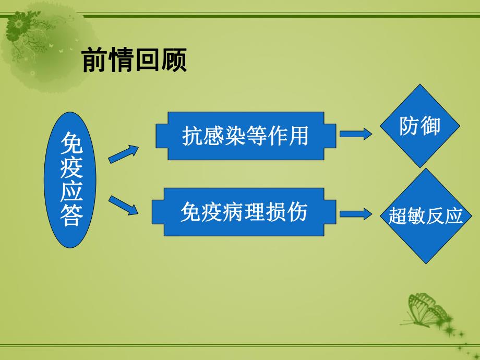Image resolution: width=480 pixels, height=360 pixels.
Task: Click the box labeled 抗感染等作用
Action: tap(246, 136)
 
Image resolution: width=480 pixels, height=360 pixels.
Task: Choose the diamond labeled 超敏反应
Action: tap(426, 215)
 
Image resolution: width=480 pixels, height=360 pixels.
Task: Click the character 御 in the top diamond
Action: tap(431, 127)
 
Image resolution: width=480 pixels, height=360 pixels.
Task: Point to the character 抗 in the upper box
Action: tap(191, 136)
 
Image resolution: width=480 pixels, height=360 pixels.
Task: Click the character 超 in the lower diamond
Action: tap(397, 216)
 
